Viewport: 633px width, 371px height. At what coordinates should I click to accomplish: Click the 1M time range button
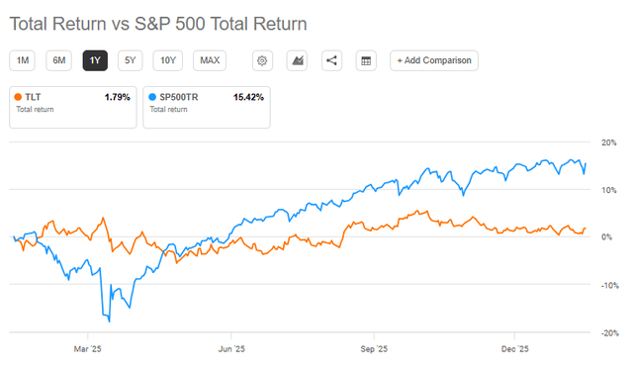pos(22,60)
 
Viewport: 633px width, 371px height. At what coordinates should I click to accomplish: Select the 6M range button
pos(59,60)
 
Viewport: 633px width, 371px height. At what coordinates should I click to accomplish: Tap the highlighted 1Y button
pos(95,60)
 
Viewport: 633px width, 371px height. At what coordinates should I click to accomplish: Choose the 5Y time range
pos(130,60)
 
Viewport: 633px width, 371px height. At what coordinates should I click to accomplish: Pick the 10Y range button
pos(168,60)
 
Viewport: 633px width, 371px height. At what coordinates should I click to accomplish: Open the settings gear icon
pos(262,60)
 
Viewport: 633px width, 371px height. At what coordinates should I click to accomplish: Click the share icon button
pos(332,60)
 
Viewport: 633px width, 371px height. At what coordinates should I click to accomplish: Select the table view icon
pos(366,60)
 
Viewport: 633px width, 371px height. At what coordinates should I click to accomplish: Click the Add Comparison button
pos(434,60)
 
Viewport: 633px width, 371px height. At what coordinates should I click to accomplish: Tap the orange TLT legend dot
pos(18,97)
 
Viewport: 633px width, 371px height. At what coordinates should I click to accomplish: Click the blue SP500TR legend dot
pos(152,97)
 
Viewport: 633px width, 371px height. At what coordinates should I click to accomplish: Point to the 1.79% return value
pos(117,97)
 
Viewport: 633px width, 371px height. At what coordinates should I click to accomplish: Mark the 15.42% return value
pos(248,97)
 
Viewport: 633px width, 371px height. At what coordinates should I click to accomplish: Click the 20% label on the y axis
pos(609,142)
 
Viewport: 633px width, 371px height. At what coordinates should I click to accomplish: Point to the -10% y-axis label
pos(610,285)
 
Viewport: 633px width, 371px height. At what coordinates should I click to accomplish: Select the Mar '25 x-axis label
pos(88,349)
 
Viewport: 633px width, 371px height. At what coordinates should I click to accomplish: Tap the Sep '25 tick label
pos(374,349)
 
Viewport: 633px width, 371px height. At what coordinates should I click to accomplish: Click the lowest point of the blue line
pos(110,322)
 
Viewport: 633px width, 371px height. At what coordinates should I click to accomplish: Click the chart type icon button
pos(297,60)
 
